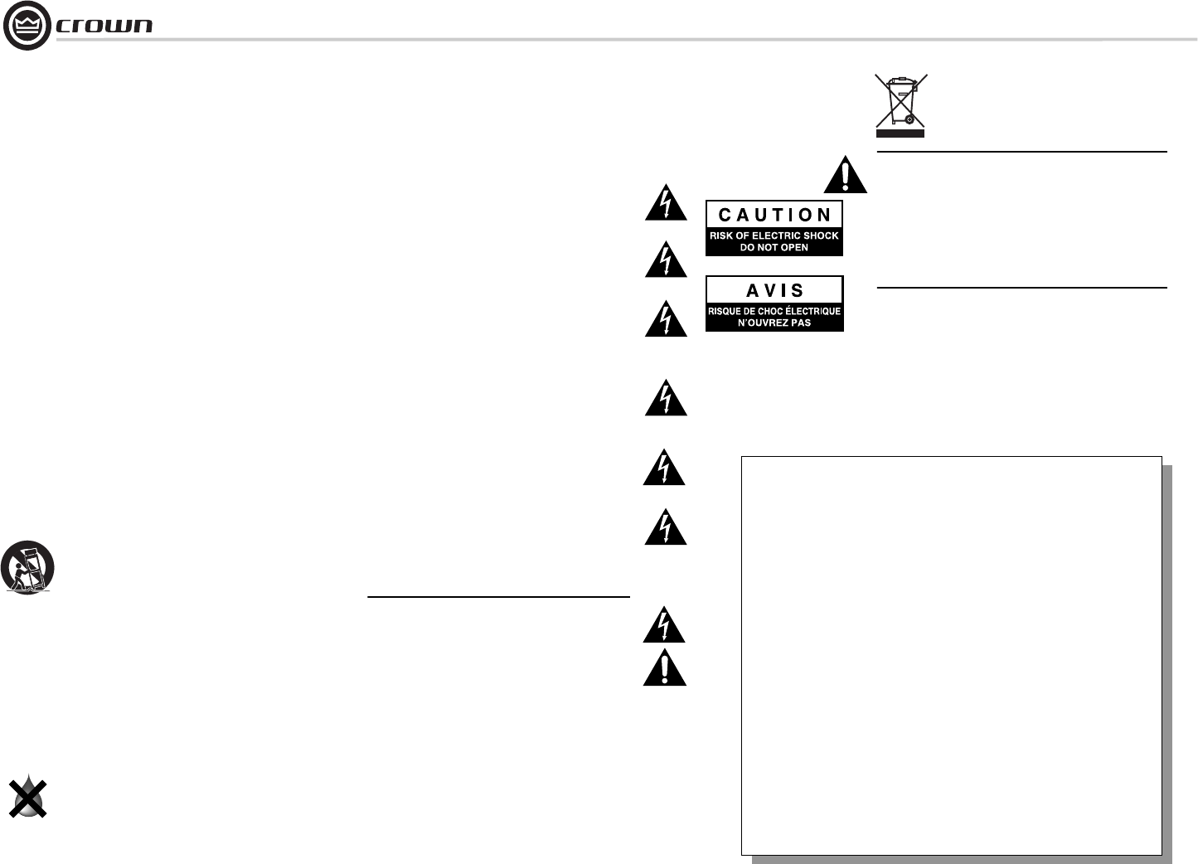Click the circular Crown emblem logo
(x=27, y=26)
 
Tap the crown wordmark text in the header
(x=104, y=26)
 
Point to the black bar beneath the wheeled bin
(x=900, y=132)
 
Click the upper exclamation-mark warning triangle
(x=845, y=176)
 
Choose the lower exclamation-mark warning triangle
(x=665, y=669)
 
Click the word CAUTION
(x=774, y=215)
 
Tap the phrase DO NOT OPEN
(x=774, y=247)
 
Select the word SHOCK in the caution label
(x=820, y=235)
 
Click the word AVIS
(x=774, y=291)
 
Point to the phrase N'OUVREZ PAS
(x=774, y=323)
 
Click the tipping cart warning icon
(x=27, y=568)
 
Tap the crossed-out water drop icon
(x=27, y=797)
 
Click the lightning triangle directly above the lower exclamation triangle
(x=665, y=626)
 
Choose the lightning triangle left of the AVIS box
(x=666, y=320)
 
